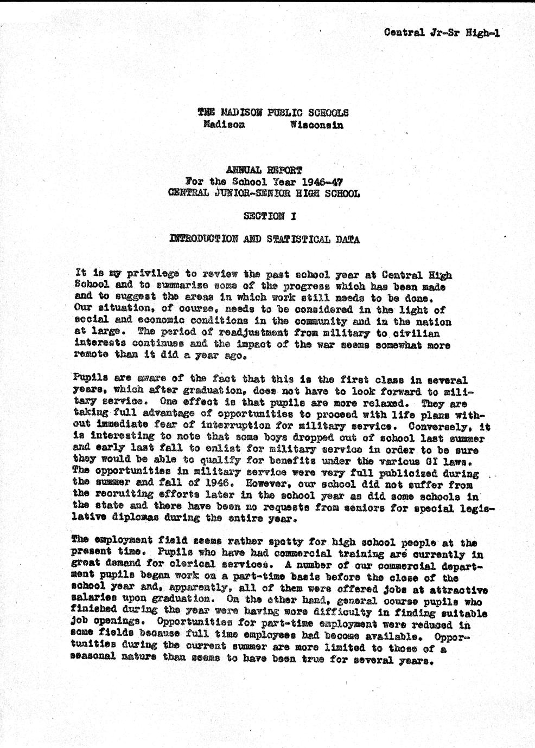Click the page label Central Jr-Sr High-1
coord(441,33)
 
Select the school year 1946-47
coord(323,182)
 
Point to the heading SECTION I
coord(270,216)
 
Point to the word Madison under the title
coord(224,124)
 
